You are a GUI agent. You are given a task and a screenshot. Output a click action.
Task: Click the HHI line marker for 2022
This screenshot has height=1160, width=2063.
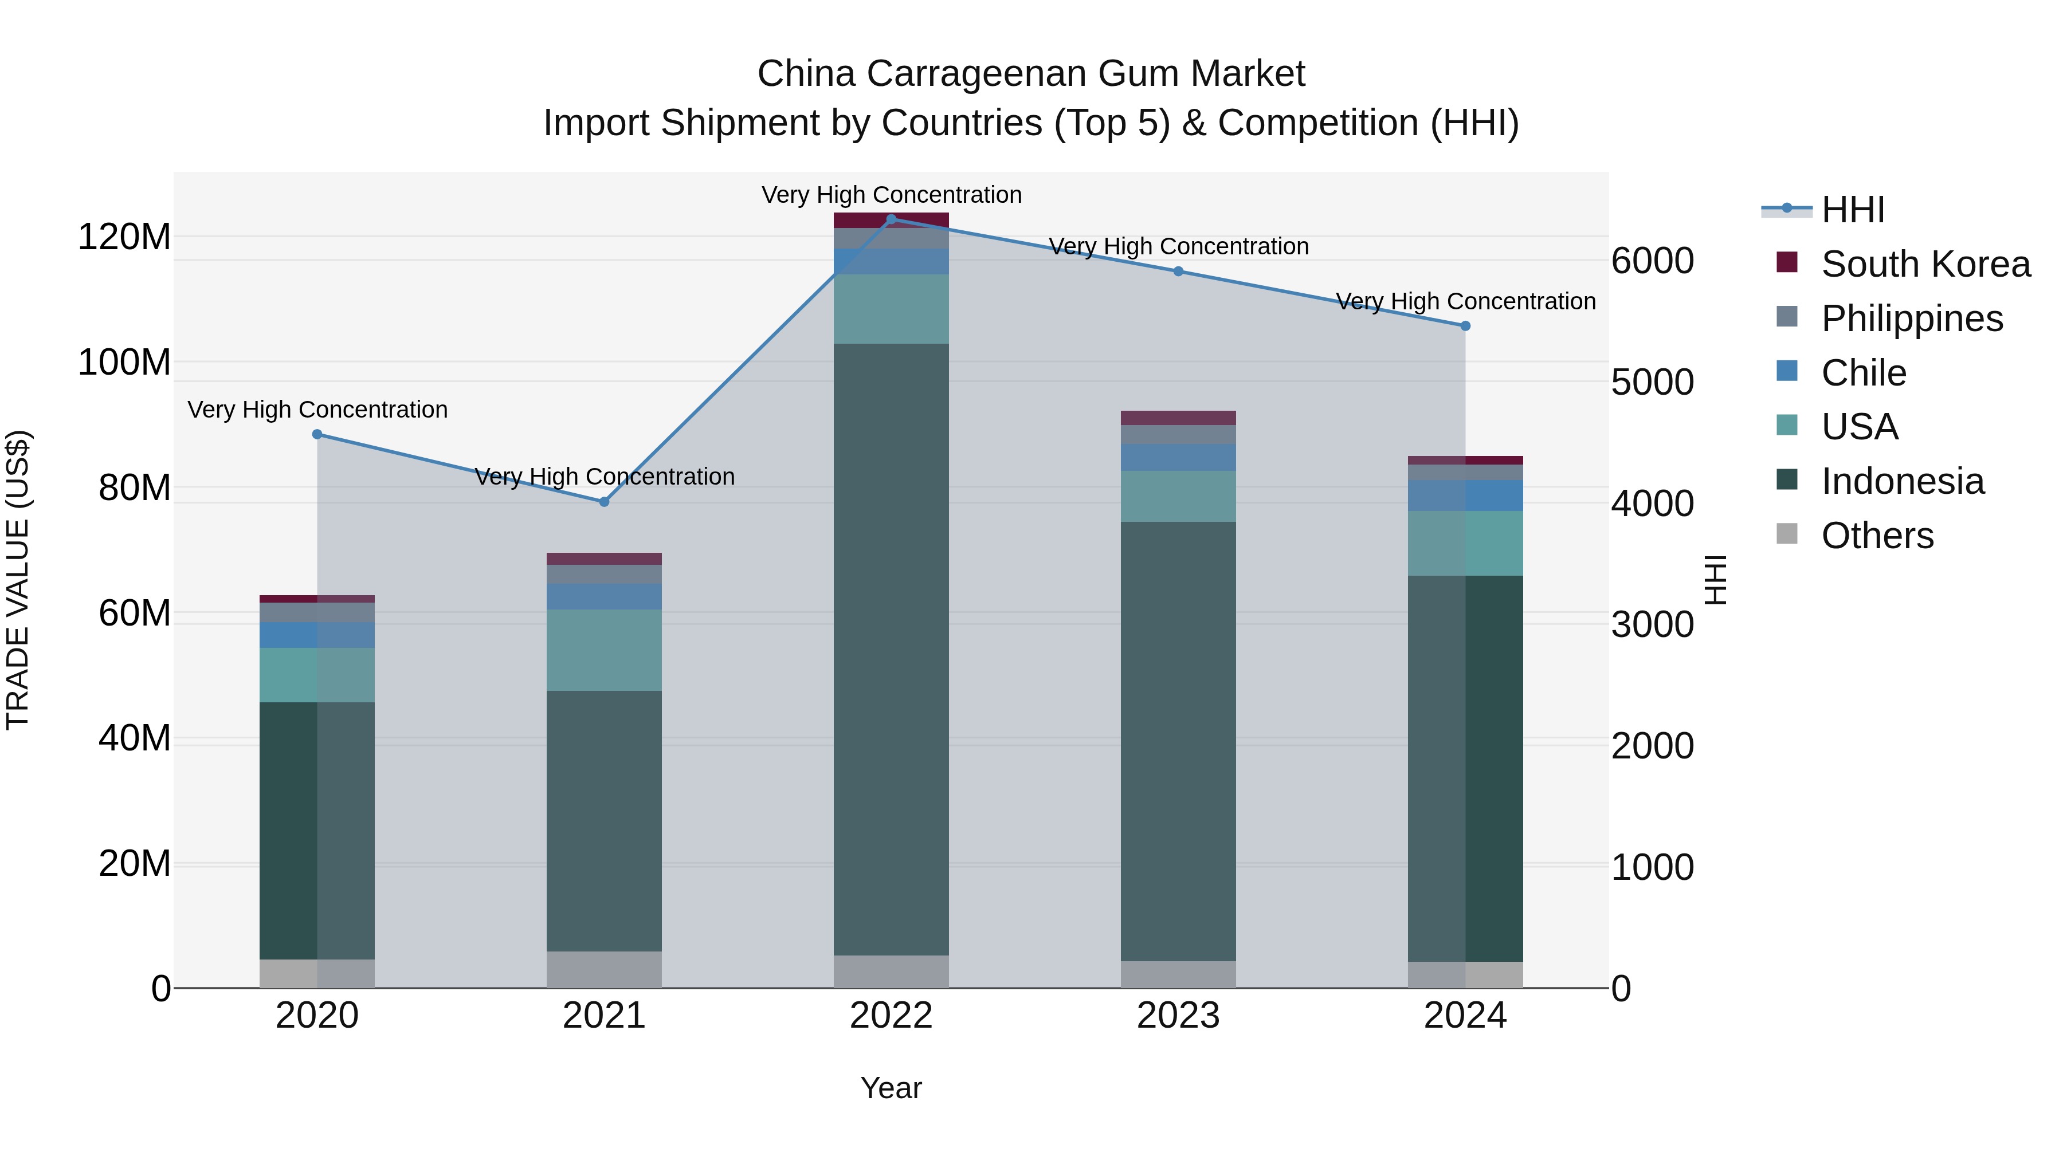pos(891,219)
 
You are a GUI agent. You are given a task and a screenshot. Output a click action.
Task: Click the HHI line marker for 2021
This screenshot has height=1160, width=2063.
pos(604,502)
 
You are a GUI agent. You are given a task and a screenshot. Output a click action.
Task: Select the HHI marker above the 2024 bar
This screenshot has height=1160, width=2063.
pos(1465,326)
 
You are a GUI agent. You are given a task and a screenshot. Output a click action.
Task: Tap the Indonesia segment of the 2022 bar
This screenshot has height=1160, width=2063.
pos(891,648)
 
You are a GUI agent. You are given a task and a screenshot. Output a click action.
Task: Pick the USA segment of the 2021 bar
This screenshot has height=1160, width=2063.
pos(604,650)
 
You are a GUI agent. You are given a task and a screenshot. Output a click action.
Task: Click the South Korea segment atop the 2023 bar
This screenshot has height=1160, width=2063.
pos(1178,418)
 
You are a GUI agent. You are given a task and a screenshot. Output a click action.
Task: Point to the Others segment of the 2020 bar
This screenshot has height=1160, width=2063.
pos(317,973)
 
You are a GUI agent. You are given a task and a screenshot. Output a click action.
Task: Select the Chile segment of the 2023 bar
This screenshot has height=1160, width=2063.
pos(1178,457)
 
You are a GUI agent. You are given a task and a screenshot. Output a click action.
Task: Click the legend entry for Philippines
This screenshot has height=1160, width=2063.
pos(1912,318)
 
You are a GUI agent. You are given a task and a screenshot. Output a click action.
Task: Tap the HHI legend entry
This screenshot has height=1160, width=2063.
pos(1852,210)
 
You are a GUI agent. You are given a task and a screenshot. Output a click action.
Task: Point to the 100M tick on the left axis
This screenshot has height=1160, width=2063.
pos(124,363)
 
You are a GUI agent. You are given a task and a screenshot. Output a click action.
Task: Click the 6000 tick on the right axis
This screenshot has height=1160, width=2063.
pos(1652,261)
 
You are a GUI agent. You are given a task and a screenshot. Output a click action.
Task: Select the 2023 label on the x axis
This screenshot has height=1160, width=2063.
pos(1178,1016)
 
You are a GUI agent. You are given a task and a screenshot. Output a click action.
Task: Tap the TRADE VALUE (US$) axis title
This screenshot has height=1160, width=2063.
pos(18,580)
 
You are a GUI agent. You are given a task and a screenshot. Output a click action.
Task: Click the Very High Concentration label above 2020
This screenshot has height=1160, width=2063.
pos(317,410)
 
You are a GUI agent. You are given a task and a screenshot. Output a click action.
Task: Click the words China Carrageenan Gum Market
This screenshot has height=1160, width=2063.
pos(1031,74)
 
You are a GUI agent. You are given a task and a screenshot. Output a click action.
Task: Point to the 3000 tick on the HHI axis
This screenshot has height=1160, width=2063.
pos(1652,624)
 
